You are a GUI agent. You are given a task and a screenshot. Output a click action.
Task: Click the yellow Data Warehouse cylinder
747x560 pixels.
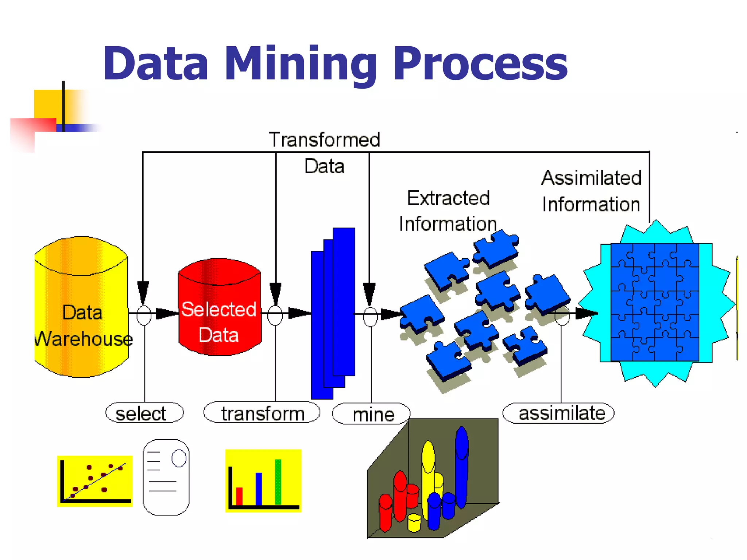(81, 306)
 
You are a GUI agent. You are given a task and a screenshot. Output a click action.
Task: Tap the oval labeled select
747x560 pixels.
(144, 413)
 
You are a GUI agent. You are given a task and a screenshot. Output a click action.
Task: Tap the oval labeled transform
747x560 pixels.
(262, 413)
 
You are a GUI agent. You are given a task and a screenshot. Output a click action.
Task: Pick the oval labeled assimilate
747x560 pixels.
(558, 413)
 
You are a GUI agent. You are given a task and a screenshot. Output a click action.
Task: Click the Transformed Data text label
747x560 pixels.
(324, 152)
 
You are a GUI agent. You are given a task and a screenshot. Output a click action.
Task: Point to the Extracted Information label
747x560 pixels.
(448, 211)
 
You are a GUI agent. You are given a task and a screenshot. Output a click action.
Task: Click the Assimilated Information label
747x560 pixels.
(591, 191)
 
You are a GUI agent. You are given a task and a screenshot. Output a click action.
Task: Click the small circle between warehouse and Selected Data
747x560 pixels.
(144, 315)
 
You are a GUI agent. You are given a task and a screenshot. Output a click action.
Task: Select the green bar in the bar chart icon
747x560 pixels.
(278, 482)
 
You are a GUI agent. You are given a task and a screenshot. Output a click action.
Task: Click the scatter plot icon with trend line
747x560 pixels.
(95, 481)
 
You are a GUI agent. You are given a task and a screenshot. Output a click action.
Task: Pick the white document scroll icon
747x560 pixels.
(166, 477)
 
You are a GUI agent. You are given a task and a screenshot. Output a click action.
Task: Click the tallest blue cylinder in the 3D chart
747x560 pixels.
(461, 467)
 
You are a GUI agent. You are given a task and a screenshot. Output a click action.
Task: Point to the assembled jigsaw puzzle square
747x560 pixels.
(655, 302)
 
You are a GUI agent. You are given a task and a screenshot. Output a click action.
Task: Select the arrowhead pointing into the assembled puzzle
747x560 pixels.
(586, 313)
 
